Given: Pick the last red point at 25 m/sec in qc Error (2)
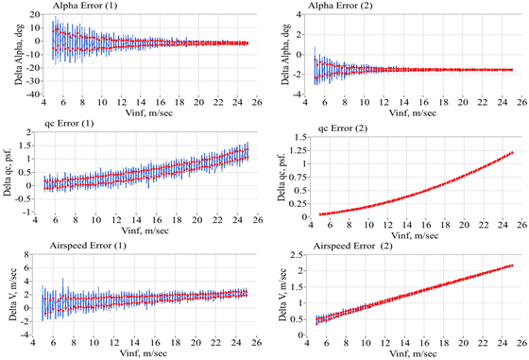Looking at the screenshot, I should coord(511,152).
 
